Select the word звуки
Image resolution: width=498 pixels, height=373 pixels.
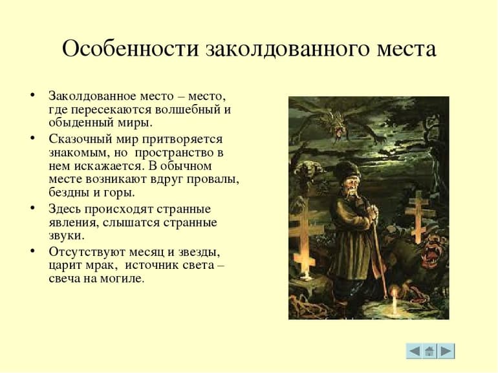pos(65,236)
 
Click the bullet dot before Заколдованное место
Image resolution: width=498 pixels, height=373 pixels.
pos(32,95)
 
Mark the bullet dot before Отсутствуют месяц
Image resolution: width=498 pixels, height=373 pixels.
pos(32,251)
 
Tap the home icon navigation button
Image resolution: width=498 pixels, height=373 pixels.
pos(430,350)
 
